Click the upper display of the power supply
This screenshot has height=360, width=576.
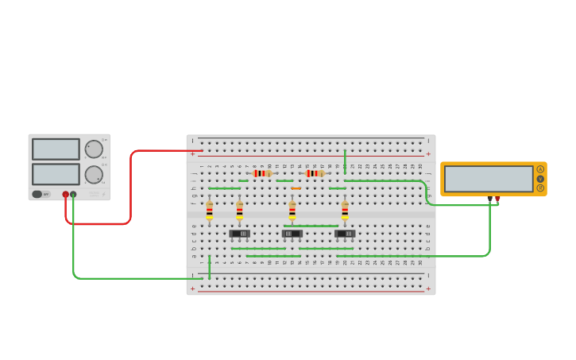pyautogui.click(x=56, y=149)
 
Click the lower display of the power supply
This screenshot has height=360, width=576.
pyautogui.click(x=56, y=174)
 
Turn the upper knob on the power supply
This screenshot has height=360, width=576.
pyautogui.click(x=94, y=149)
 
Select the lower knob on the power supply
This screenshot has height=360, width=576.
pyautogui.click(x=94, y=175)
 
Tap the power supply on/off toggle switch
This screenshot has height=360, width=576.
pyautogui.click(x=37, y=194)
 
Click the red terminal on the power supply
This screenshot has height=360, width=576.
pyautogui.click(x=66, y=194)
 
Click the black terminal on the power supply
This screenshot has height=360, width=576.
pyautogui.click(x=73, y=194)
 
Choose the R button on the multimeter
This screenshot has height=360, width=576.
pyautogui.click(x=540, y=188)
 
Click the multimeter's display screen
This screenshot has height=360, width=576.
pyautogui.click(x=489, y=178)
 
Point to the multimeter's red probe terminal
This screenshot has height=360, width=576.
pyautogui.click(x=498, y=198)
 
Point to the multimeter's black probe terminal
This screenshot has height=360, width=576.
pyautogui.click(x=489, y=198)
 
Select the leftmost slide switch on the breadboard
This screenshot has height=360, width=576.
pyautogui.click(x=239, y=234)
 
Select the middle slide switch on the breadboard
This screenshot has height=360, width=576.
pyautogui.click(x=292, y=234)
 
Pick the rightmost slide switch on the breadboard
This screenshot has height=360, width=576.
pyautogui.click(x=345, y=234)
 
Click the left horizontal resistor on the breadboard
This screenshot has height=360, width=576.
pyautogui.click(x=261, y=173)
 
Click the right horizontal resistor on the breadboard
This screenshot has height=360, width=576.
pyautogui.click(x=315, y=173)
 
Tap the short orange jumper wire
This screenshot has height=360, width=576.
pyautogui.click(x=296, y=188)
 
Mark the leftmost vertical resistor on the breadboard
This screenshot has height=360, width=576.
pyautogui.click(x=209, y=211)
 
